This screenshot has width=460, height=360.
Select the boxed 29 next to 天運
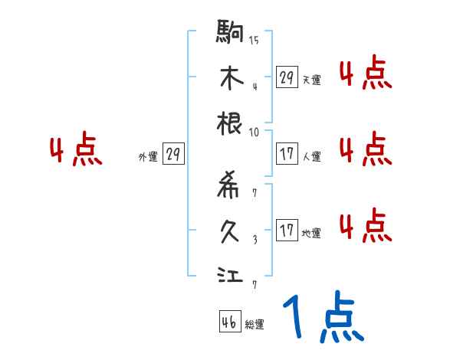pos(287,77)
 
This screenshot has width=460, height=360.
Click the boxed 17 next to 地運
pos(287,231)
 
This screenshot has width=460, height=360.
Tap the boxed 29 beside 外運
pos(172,154)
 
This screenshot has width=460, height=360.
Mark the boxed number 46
pos(228,322)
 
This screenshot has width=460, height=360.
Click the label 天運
pos(311,80)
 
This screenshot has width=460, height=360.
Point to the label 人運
pos(311,156)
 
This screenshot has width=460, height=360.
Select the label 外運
pos(147,156)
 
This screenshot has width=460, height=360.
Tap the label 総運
pos(255,325)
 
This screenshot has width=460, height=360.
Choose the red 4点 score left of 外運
pos(75,150)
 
